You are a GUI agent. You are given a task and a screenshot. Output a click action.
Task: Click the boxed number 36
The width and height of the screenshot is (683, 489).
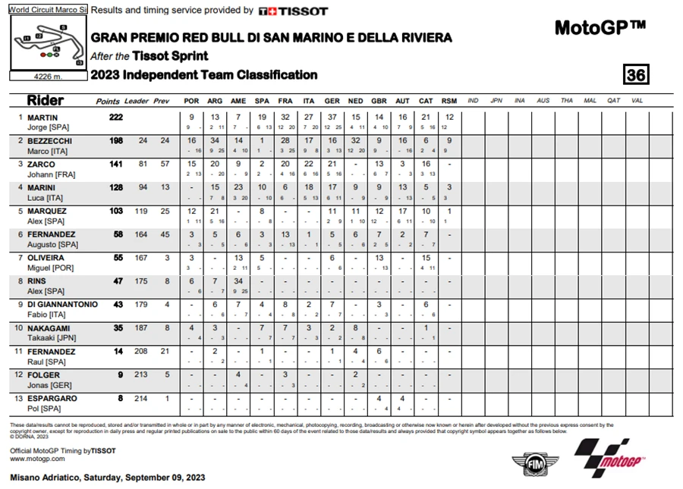coord(636,74)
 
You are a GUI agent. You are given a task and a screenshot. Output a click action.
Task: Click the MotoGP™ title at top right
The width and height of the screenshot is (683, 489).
coord(600,28)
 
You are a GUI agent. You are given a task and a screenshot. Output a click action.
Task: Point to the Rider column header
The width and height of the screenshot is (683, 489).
coord(46,101)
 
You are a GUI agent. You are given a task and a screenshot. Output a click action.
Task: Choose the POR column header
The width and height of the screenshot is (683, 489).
coord(192,101)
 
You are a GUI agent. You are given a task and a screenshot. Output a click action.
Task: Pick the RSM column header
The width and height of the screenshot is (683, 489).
coord(449,101)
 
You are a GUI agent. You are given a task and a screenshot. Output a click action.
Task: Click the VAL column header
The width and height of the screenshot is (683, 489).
coord(637,101)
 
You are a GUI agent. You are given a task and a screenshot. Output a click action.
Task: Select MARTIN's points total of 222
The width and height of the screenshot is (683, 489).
coord(115,118)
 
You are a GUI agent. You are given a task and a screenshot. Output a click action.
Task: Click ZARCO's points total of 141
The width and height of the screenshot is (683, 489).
coord(115,164)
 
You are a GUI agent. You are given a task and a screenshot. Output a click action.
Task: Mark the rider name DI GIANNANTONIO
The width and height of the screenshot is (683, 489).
coord(62,304)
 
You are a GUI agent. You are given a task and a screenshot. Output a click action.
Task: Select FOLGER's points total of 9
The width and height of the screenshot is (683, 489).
coord(119,375)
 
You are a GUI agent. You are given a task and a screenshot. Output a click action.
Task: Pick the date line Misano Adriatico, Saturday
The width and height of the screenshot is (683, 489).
coord(108,478)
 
